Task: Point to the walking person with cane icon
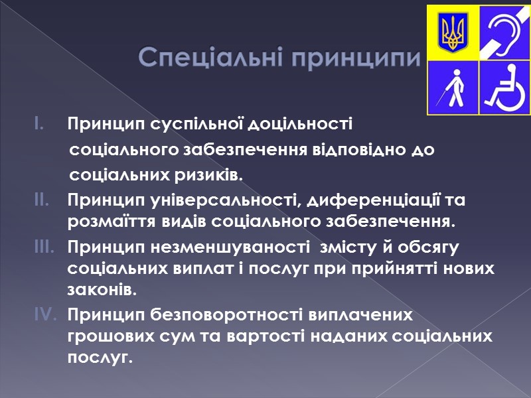(x=454, y=86)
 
